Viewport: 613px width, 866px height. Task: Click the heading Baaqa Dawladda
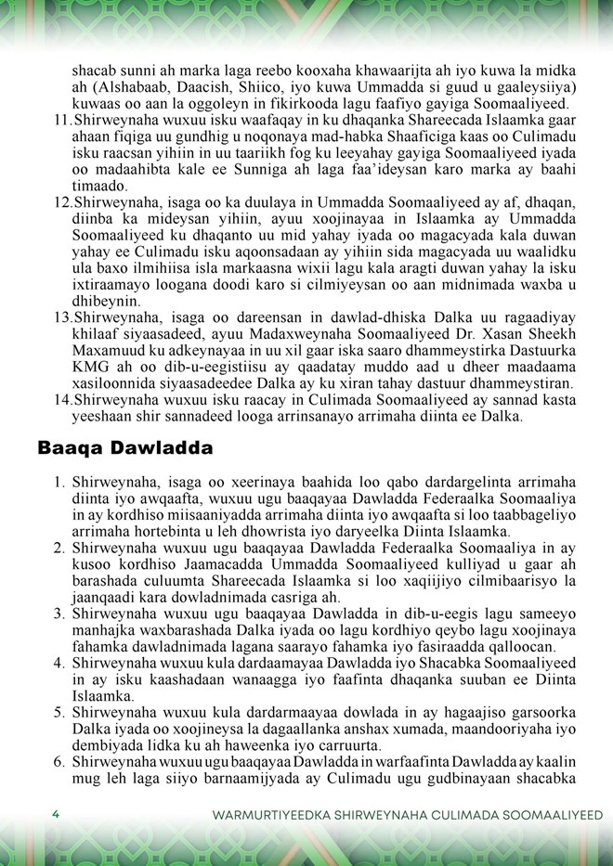click(124, 447)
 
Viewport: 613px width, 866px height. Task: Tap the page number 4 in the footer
click(57, 815)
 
